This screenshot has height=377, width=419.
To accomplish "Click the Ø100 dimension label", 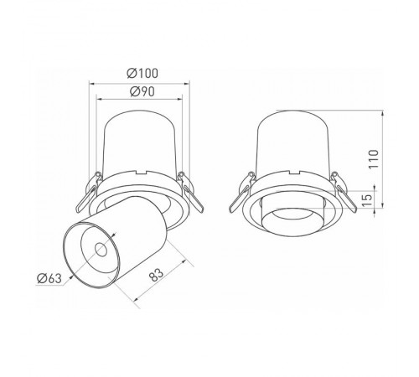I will tap(139, 73).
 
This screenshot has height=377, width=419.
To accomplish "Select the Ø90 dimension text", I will tap(139, 91).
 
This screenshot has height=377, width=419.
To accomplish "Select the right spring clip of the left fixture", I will tap(191, 194).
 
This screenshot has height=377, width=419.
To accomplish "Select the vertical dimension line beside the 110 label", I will tap(383, 159).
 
